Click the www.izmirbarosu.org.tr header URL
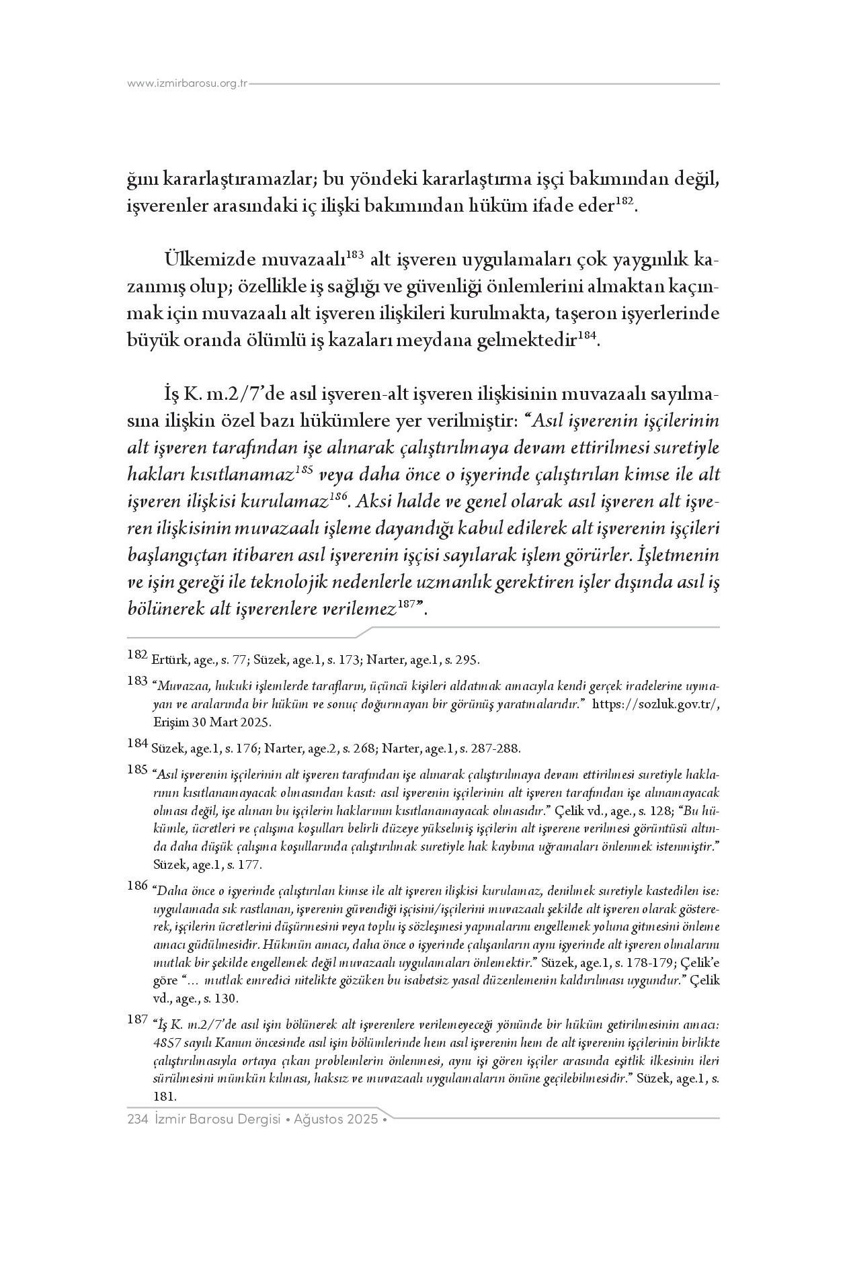coord(188,84)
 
